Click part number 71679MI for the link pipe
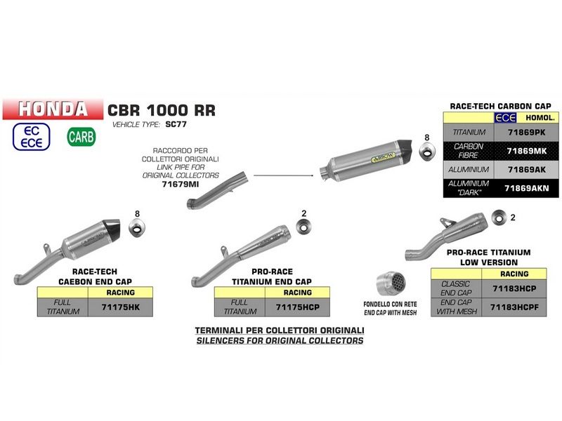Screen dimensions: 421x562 pos(181,183)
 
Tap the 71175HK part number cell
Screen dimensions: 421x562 pos(120,307)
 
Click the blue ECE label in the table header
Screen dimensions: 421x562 pos(505,118)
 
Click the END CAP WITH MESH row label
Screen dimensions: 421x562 pos(456,307)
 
